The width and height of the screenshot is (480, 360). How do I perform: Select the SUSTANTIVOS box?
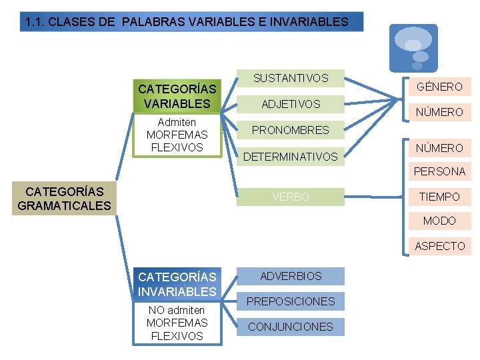click(291, 79)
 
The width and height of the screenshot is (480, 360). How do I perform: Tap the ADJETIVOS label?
click(291, 104)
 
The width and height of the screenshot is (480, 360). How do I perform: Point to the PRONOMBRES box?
click(291, 130)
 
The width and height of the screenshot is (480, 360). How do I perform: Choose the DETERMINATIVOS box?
click(291, 157)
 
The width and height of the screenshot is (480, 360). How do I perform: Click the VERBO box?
click(291, 197)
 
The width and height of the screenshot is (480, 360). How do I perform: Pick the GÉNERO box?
click(439, 87)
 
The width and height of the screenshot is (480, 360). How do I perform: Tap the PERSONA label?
click(439, 171)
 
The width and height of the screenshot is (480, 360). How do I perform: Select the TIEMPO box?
click(439, 197)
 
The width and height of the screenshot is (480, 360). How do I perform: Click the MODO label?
click(439, 221)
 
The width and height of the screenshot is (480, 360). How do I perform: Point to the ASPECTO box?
click(439, 246)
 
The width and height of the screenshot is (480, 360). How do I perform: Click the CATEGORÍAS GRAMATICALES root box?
click(64, 199)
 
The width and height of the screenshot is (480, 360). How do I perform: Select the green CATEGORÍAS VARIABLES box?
click(177, 96)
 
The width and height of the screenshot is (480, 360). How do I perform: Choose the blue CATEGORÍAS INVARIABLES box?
click(177, 284)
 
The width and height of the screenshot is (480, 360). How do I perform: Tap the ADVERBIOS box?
click(291, 276)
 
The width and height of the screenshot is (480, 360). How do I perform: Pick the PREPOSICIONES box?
click(291, 301)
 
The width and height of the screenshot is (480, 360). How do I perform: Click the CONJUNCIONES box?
click(291, 327)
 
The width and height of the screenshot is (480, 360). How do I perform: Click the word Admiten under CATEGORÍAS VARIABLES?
click(177, 123)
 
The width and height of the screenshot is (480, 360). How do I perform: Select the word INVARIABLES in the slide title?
click(308, 21)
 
